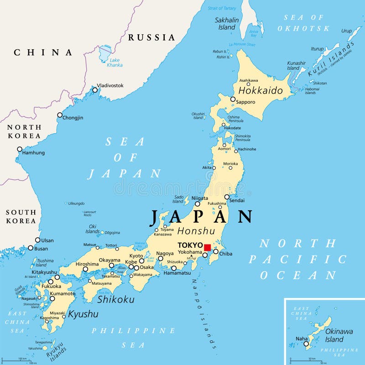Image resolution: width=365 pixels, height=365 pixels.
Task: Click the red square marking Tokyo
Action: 207,248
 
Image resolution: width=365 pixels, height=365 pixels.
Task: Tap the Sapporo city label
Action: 246,102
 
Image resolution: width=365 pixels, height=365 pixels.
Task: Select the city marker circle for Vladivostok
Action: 95,90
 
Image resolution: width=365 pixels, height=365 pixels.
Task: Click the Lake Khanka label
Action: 115,63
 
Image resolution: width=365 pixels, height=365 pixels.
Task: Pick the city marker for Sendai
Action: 227,197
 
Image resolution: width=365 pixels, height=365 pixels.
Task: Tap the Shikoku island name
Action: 116,299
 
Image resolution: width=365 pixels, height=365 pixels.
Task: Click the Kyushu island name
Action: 83,314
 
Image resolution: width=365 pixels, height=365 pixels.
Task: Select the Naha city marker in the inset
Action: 306,344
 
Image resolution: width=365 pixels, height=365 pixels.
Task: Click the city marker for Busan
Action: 31,248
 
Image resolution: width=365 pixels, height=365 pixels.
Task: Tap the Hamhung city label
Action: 34,152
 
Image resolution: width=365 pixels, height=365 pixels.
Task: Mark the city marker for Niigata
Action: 198,204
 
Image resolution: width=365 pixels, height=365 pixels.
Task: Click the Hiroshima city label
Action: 87,264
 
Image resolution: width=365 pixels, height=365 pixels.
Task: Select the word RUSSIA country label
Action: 151,37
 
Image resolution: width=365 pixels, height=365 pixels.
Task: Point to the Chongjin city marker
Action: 60,115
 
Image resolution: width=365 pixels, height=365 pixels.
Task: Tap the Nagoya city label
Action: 165,253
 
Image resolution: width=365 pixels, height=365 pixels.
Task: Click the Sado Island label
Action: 178,199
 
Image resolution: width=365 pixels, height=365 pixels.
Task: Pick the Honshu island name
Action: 196,231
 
